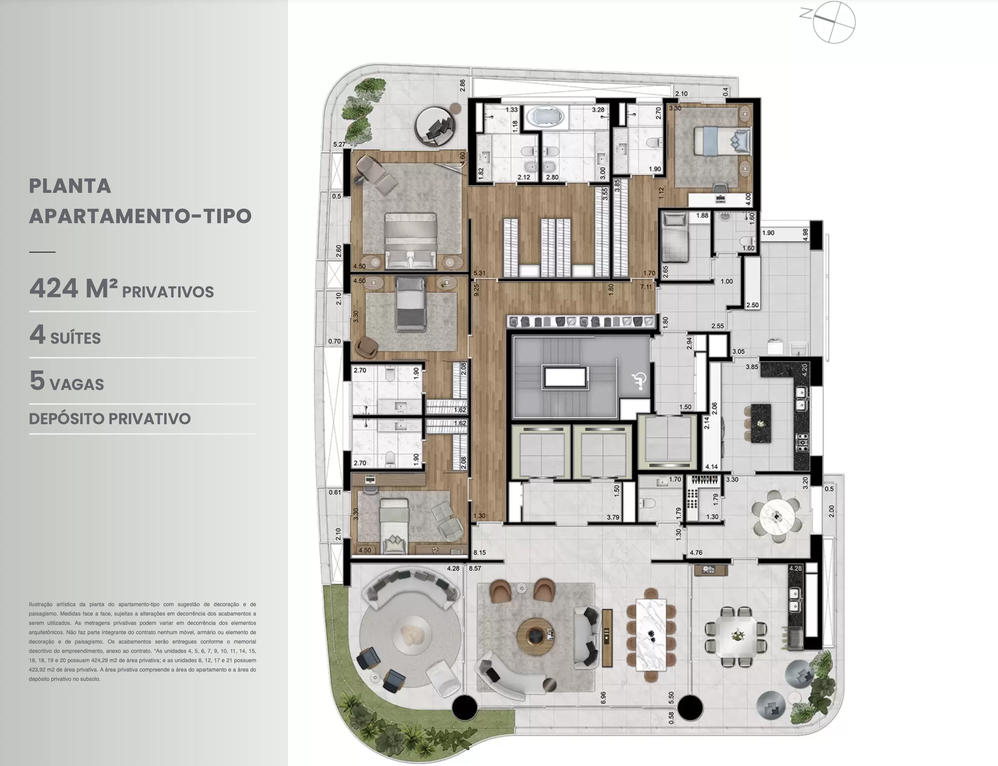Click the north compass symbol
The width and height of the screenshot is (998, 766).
tap(834, 22)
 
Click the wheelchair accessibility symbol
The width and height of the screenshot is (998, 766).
tap(639, 381)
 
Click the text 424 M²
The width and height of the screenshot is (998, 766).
tap(73, 288)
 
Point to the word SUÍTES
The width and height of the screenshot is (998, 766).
tap(76, 338)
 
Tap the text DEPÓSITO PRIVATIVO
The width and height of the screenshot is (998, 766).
tap(110, 418)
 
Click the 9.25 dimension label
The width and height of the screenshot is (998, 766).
tap(476, 290)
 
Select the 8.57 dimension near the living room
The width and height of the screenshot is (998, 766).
tap(475, 568)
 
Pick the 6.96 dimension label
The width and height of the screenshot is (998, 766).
tap(604, 698)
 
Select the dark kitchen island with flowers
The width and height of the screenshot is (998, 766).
tap(760, 423)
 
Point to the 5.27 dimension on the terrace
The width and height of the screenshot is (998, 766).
tap(339, 144)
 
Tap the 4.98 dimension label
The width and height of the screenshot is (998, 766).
tap(805, 234)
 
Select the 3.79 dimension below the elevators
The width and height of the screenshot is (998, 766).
tap(613, 518)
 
